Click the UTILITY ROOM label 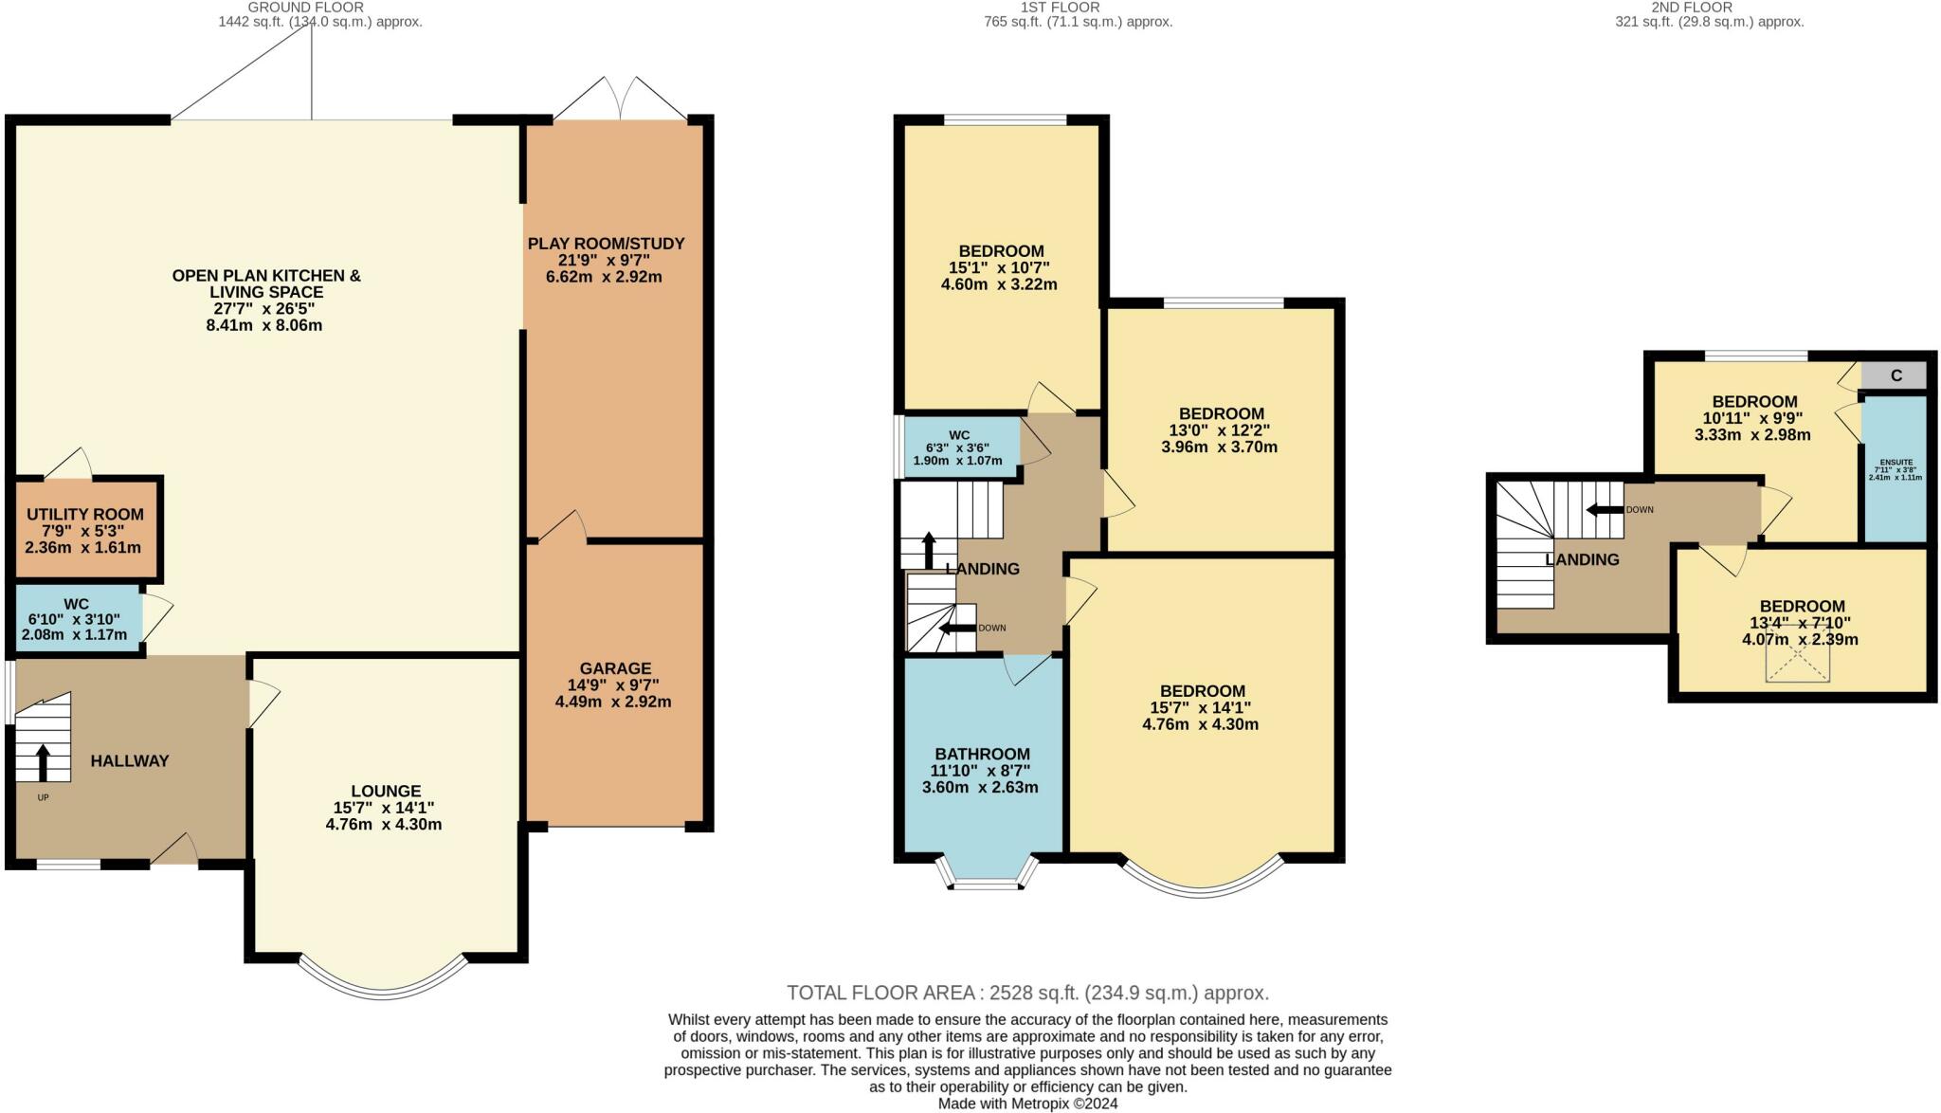pyautogui.click(x=85, y=514)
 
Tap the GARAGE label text pyautogui.click(x=616, y=668)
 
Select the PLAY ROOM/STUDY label pyautogui.click(x=607, y=244)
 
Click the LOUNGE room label pyautogui.click(x=386, y=791)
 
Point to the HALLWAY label pyautogui.click(x=130, y=760)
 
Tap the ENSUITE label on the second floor pyautogui.click(x=1896, y=462)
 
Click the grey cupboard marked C pyautogui.click(x=1895, y=375)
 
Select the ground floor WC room pyautogui.click(x=78, y=618)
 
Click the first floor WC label pyautogui.click(x=958, y=435)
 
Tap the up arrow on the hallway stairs pyautogui.click(x=43, y=763)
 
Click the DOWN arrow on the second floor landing pyautogui.click(x=1605, y=509)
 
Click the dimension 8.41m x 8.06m pyautogui.click(x=264, y=325)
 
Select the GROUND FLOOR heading pyautogui.click(x=305, y=7)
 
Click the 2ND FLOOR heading pyautogui.click(x=1705, y=7)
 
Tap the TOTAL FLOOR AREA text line pyautogui.click(x=1027, y=993)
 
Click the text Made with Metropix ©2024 pyautogui.click(x=1027, y=1104)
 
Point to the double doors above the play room pyautogui.click(x=620, y=98)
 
